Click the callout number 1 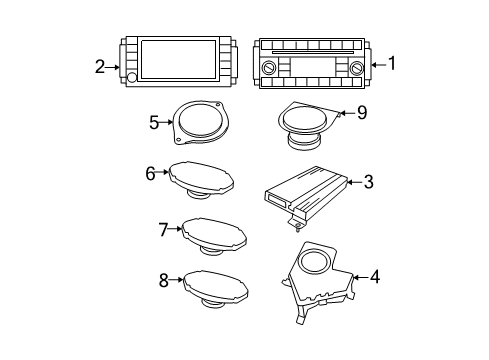[x=393, y=64]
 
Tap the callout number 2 [x=100, y=66]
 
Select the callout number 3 [x=369, y=182]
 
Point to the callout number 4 [x=375, y=277]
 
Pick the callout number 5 [x=154, y=123]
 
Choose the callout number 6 [x=151, y=173]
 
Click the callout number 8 [x=164, y=281]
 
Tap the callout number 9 [x=361, y=113]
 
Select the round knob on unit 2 [x=131, y=78]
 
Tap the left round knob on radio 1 [x=269, y=67]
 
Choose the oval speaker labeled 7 [x=215, y=235]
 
